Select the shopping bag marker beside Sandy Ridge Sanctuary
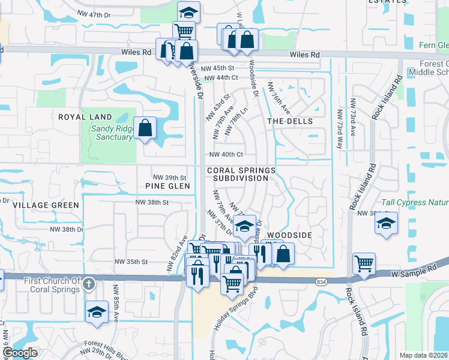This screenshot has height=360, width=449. click(x=145, y=128)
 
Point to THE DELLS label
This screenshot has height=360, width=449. click(x=290, y=121)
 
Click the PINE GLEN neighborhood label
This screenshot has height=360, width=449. click(x=167, y=186)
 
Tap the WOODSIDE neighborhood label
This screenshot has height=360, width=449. click(x=289, y=235)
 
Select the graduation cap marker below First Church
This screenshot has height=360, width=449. click(x=96, y=312)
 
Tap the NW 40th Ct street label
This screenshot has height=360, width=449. click(x=225, y=154)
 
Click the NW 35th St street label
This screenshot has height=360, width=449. click(x=133, y=262)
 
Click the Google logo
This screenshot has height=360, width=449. click(x=20, y=353)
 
